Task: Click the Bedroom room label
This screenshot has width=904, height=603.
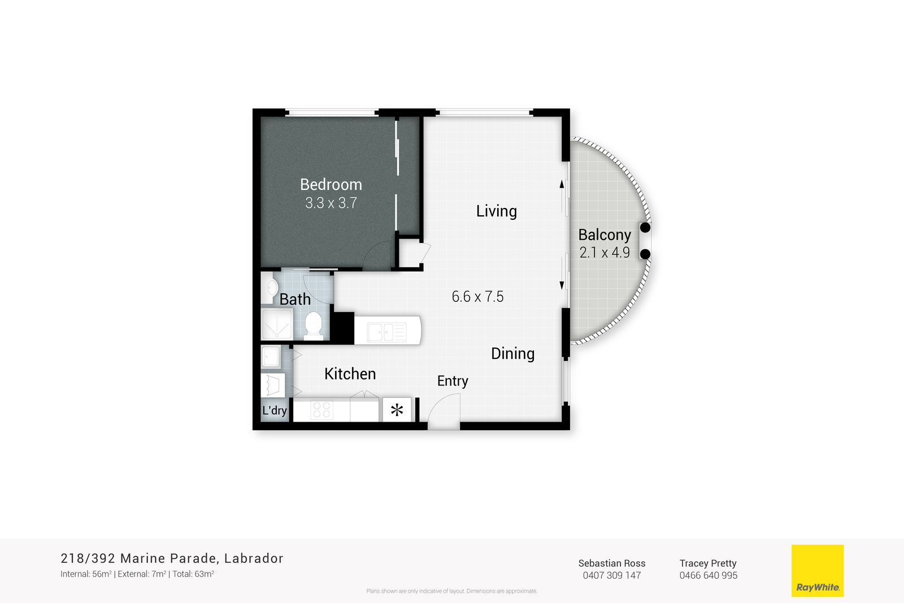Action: [x=331, y=184]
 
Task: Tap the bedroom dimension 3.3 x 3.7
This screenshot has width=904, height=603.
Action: [x=331, y=203]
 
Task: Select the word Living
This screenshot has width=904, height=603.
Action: [x=497, y=211]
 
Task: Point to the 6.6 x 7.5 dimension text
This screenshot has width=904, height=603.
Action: [x=477, y=297]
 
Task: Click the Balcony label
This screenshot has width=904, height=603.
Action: [x=605, y=235]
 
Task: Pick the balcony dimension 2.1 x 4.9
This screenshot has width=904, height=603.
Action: [x=605, y=253]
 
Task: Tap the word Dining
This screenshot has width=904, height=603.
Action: [x=512, y=354]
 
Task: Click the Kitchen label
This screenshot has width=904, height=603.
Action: [x=350, y=374]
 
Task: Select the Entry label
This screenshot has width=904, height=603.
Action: [x=453, y=381]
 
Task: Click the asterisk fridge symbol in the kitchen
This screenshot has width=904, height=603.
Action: [x=397, y=410]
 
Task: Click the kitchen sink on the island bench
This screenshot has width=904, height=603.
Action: [x=386, y=332]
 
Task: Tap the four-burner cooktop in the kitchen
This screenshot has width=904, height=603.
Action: [x=321, y=410]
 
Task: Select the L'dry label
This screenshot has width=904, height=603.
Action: [x=275, y=410]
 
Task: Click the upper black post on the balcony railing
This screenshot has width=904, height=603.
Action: [x=645, y=228]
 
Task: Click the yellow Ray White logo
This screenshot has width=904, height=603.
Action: [x=818, y=571]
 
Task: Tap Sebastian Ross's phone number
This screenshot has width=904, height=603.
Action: [x=612, y=575]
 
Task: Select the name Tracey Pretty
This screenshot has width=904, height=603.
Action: [x=708, y=563]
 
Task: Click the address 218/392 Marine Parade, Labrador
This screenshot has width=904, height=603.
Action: [x=172, y=558]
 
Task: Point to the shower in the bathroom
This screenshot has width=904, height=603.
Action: [x=277, y=324]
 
